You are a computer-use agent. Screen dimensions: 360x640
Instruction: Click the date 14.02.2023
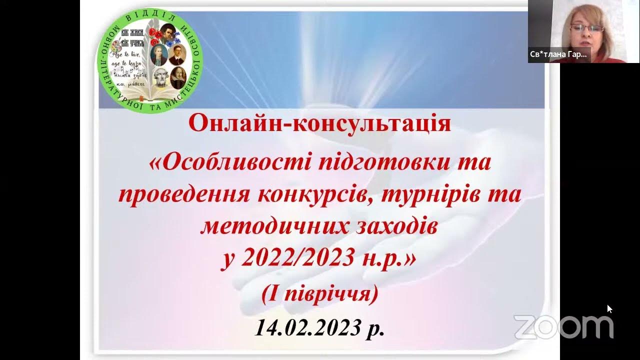click(307, 327)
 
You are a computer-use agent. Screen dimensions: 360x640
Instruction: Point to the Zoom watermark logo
click(563, 326)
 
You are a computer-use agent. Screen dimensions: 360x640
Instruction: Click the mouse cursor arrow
click(609, 308)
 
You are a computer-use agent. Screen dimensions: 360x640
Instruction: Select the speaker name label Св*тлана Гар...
click(558, 54)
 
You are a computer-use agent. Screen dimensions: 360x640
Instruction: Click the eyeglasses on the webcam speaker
click(586, 28)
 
